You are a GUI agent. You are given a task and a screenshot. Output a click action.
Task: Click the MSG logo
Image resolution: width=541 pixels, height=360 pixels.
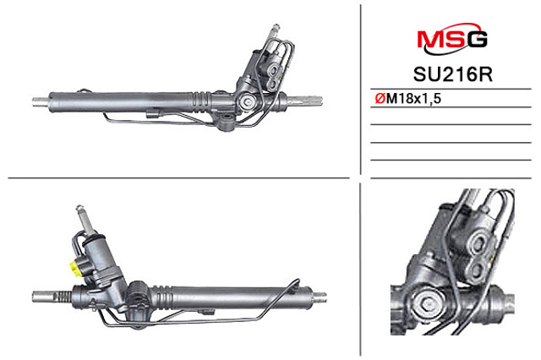452,39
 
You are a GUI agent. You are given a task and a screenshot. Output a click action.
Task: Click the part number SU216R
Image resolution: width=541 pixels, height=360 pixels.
453,74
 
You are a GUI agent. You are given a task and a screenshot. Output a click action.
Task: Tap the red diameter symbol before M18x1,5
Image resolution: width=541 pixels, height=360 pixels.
380,99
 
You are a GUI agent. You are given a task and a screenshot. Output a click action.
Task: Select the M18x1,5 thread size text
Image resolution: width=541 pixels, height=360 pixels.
413,99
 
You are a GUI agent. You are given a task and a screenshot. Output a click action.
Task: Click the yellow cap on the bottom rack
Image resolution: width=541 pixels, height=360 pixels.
74,268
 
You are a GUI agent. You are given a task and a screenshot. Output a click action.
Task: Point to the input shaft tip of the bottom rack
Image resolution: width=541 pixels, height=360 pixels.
80,208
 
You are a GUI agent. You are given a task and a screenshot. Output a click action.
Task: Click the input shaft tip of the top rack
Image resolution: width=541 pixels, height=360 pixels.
276,27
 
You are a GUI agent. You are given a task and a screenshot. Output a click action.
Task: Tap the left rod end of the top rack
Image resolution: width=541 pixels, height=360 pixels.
41,101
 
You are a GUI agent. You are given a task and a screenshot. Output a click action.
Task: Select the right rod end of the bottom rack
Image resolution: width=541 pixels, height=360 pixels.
320,297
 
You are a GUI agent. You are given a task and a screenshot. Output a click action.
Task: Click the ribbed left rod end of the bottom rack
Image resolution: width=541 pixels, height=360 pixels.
52,297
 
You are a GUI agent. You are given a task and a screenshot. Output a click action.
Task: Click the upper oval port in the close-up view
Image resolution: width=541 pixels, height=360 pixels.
479,243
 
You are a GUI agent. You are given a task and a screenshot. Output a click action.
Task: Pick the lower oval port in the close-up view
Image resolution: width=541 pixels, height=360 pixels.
477,270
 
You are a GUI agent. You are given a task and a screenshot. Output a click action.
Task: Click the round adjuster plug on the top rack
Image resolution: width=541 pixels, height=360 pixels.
248,101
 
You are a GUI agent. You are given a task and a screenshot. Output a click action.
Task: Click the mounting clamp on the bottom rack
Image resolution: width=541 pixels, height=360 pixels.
138,297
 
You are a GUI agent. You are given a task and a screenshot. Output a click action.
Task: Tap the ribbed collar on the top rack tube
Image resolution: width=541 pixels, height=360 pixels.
201,102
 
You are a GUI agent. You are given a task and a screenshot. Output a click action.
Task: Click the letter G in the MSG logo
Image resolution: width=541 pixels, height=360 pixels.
477,39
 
